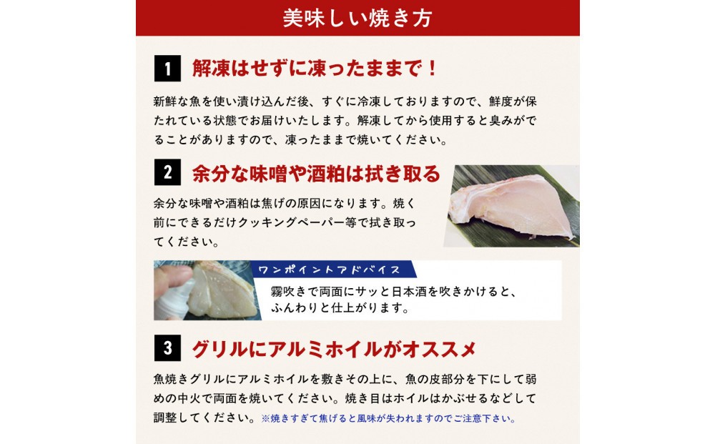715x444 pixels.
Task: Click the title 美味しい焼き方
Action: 357,19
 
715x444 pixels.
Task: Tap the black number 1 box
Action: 167,69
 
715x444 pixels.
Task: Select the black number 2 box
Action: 167,172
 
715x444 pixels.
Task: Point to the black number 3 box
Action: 167,348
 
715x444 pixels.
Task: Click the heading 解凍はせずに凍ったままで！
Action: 314,69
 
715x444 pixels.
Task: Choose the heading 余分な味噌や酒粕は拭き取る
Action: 316,173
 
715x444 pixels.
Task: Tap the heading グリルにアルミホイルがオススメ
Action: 334,349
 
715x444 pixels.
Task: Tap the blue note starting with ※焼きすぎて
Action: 388,418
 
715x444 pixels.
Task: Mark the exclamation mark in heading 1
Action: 432,69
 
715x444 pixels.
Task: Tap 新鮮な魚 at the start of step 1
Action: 177,102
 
